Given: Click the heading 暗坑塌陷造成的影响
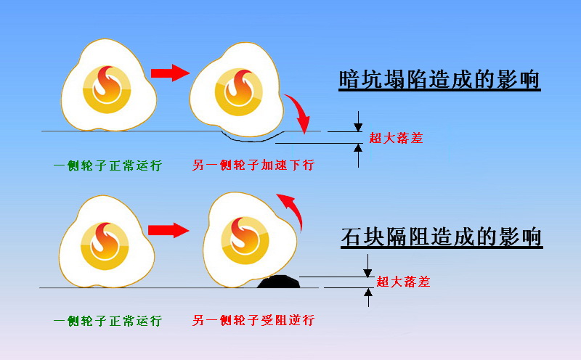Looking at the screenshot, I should point(439,79).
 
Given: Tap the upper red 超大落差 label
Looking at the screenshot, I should point(396,138).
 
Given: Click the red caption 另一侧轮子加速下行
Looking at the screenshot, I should point(253,165).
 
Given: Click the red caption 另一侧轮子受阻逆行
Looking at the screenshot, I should point(253,321).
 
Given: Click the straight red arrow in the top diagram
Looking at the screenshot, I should point(168,73).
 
